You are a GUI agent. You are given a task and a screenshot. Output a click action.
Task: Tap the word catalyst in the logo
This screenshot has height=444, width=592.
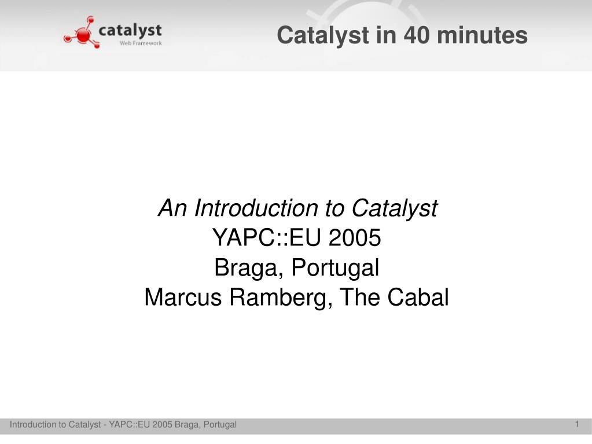pyautogui.click(x=130, y=30)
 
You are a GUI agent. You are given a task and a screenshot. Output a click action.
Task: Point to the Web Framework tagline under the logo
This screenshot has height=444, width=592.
pyautogui.click(x=141, y=43)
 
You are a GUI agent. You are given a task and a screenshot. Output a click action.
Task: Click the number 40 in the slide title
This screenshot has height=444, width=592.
pyautogui.click(x=417, y=35)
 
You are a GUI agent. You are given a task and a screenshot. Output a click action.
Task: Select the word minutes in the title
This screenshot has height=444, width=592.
pyautogui.click(x=482, y=35)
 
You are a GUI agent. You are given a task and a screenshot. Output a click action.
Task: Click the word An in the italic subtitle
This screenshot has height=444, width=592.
pyautogui.click(x=172, y=208)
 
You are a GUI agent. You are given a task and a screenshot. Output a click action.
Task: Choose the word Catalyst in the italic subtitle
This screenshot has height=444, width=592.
pyautogui.click(x=395, y=209)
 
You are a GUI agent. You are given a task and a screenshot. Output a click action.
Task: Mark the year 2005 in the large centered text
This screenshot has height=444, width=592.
pyautogui.click(x=355, y=237)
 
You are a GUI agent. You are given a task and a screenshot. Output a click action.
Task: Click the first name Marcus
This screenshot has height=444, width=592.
pyautogui.click(x=183, y=297)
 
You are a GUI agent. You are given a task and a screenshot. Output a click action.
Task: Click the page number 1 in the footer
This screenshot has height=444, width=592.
pyautogui.click(x=577, y=424)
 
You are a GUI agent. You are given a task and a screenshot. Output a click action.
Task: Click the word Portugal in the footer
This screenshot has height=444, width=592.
pyautogui.click(x=220, y=425)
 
